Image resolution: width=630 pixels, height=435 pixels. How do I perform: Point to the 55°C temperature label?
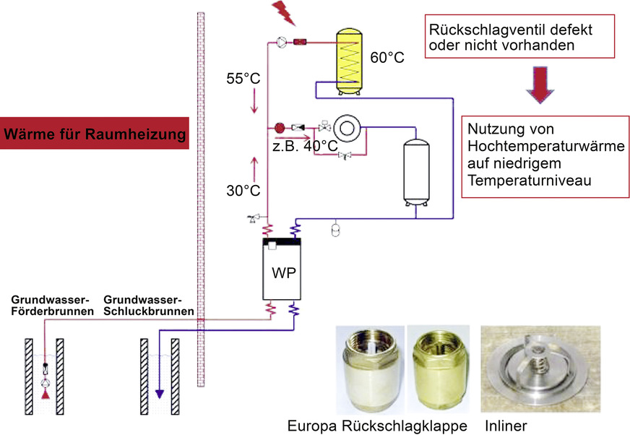[243, 78]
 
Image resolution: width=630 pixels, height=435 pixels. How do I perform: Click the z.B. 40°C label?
[306, 147]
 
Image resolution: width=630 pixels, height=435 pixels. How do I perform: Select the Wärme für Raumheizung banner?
[94, 134]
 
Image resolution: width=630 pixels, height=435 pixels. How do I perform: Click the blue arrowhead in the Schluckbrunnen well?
[158, 395]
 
